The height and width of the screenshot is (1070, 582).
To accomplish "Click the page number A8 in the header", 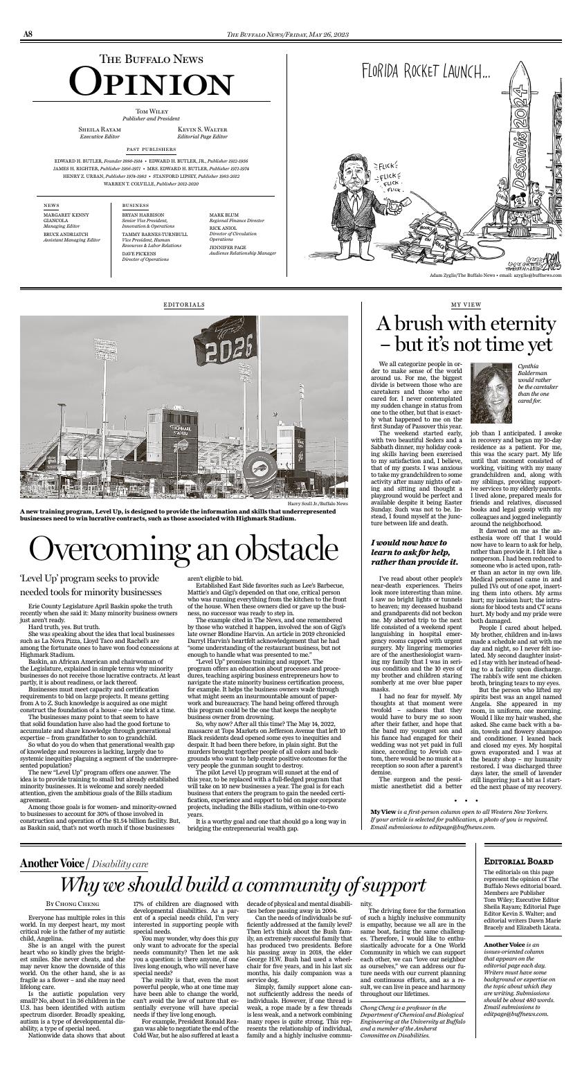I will (x=28, y=35).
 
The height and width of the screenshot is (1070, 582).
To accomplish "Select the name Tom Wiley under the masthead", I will (x=151, y=111).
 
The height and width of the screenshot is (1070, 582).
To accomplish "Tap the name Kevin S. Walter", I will (x=202, y=129).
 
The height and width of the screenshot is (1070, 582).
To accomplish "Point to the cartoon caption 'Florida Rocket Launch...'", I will (x=425, y=71).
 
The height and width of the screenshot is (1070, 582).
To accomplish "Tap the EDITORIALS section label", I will (x=184, y=305).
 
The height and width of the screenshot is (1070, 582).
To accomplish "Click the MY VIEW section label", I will (x=466, y=305).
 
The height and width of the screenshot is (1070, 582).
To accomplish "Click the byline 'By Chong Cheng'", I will (x=73, y=904).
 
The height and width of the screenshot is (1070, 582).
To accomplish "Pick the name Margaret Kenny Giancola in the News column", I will (x=66, y=218).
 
